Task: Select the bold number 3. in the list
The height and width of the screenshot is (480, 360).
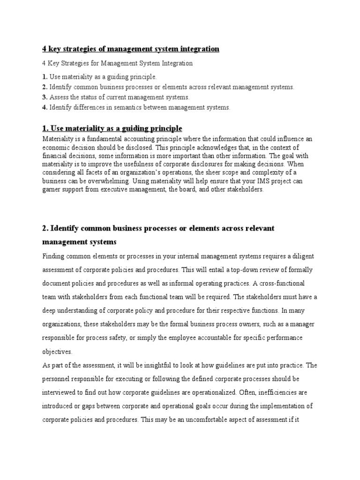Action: pyautogui.click(x=45, y=97)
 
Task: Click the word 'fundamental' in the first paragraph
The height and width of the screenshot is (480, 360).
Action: pyautogui.click(x=97, y=140)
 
